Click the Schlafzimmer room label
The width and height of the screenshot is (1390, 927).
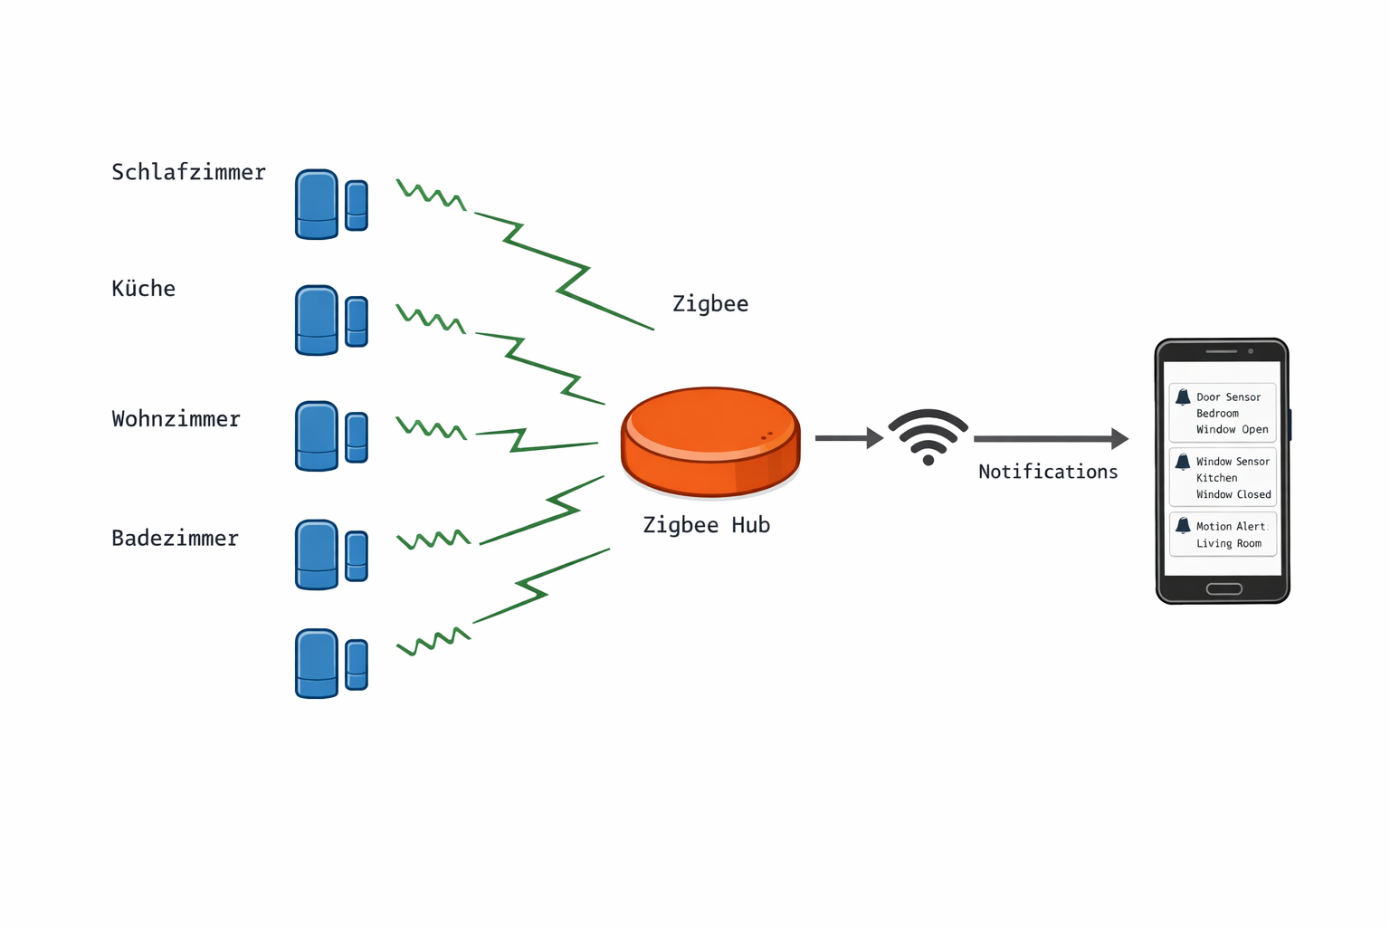188,172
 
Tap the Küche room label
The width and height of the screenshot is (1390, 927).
143,289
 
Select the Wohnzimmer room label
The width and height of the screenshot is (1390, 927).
176,419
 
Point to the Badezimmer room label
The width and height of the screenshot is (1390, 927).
175,539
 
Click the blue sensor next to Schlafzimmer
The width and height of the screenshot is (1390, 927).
330,205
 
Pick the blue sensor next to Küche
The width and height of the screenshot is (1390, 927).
330,320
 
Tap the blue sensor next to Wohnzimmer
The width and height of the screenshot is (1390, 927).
330,436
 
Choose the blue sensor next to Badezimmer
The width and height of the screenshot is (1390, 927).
330,555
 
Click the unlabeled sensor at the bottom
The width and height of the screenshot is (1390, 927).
330,664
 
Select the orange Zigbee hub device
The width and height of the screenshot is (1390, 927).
710,442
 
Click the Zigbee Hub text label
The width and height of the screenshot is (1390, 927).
706,525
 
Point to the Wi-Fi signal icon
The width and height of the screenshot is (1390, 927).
928,436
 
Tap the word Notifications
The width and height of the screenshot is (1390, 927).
1048,472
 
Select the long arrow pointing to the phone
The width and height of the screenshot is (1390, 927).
1050,439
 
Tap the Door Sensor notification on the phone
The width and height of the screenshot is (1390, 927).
1223,413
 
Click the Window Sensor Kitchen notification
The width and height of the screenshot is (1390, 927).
1223,477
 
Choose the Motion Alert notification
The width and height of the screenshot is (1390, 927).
1223,534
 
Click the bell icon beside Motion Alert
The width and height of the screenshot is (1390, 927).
1183,526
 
